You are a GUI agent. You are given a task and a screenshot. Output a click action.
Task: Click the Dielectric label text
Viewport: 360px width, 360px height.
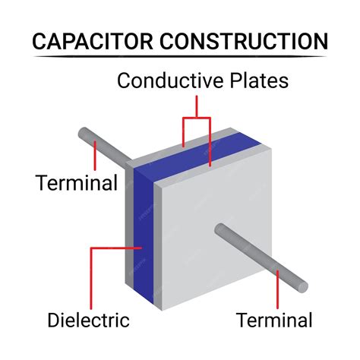[88, 320]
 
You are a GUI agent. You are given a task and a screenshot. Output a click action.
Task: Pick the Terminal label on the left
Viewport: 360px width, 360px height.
[76, 183]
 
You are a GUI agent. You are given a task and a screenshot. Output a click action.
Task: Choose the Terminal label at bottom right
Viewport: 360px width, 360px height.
[273, 320]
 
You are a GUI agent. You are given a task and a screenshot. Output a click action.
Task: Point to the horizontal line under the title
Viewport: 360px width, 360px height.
[180, 56]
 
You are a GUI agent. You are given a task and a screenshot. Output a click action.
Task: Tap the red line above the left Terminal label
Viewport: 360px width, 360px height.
[94, 156]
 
